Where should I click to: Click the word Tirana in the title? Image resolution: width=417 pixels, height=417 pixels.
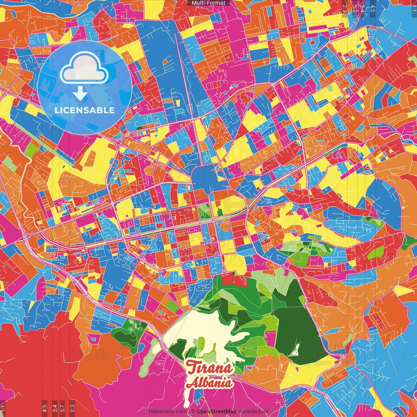click(x=210, y=368)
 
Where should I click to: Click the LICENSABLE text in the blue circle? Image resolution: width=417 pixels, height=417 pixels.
click(x=85, y=110)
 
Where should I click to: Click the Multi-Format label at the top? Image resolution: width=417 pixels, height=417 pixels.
click(x=208, y=3)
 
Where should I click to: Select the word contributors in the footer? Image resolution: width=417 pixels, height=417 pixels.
click(x=253, y=411)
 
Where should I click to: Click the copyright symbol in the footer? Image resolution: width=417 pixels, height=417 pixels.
click(x=193, y=411)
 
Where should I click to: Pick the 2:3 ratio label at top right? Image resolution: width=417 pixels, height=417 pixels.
click(x=344, y=7)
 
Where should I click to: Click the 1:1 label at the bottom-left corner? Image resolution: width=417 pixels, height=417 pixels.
click(x=3, y=408)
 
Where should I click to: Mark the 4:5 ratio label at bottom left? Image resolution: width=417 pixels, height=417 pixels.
click(x=44, y=408)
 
